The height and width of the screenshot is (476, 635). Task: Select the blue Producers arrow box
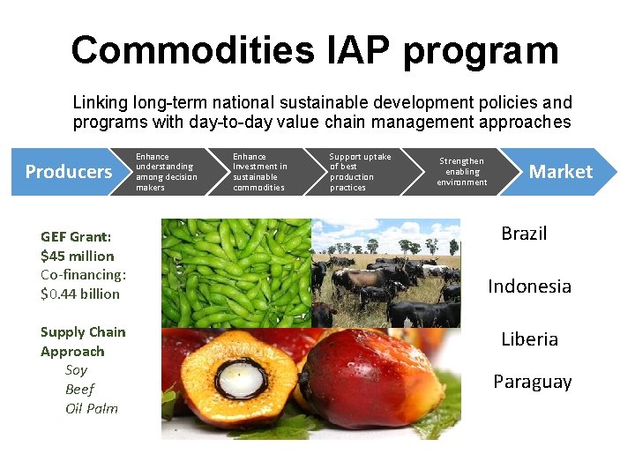[69, 172]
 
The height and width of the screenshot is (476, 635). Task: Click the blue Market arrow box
[560, 172]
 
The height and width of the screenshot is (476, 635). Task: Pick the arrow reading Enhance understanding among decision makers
[167, 172]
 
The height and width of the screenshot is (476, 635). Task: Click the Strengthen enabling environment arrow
[462, 172]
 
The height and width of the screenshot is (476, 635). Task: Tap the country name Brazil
[524, 234]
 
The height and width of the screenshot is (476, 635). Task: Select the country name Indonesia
[529, 286]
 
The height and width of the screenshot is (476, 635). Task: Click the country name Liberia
[529, 339]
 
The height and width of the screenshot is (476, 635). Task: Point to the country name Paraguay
[532, 382]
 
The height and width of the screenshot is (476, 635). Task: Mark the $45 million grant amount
[78, 256]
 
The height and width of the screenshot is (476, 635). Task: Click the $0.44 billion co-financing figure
[80, 294]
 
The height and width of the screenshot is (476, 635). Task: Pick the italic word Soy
[77, 370]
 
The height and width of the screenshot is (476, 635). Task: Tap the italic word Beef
[79, 389]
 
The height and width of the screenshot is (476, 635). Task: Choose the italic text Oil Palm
[92, 408]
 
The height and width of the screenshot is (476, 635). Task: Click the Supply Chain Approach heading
[83, 341]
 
